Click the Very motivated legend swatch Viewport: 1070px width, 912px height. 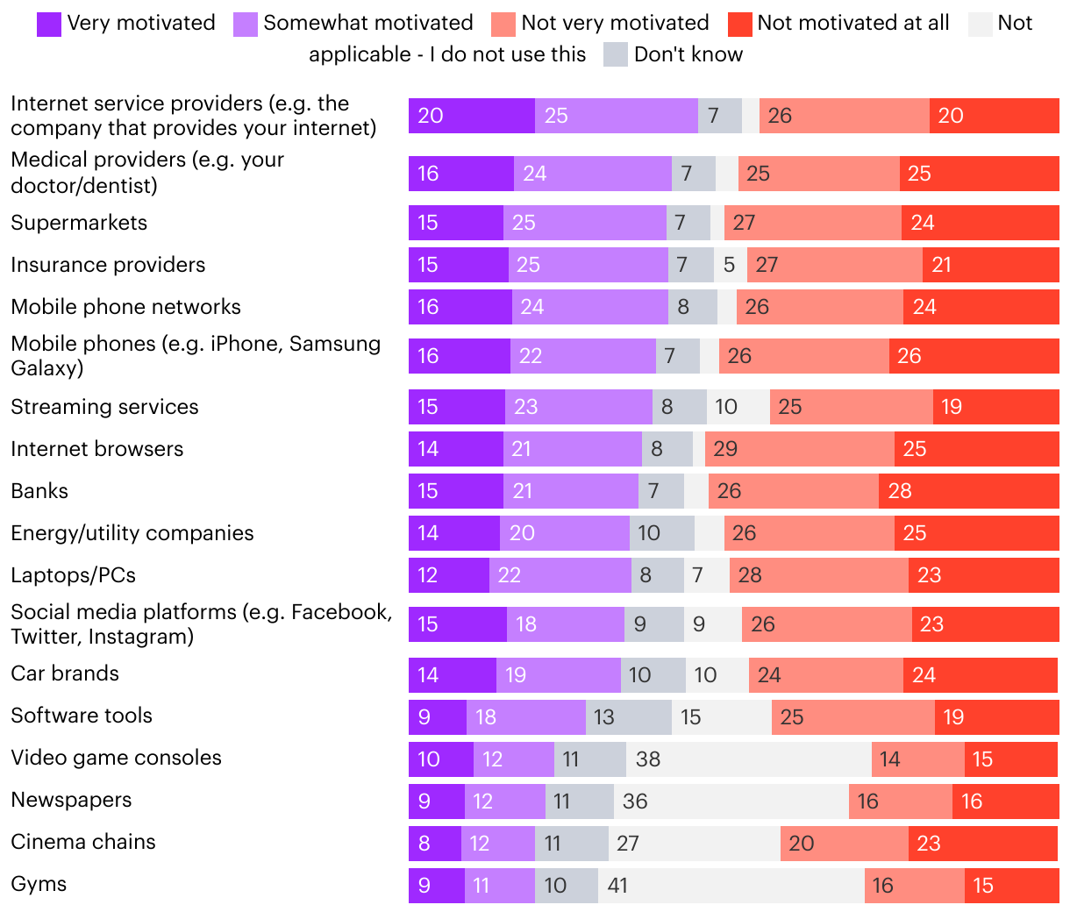click(x=49, y=24)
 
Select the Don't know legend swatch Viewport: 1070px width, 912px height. click(x=616, y=55)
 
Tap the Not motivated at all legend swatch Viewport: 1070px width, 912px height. click(x=740, y=24)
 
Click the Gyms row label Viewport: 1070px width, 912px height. click(x=39, y=884)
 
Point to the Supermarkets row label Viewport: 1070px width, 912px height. click(x=79, y=223)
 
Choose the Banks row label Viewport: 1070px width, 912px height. click(x=39, y=491)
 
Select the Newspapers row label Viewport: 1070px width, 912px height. click(x=71, y=800)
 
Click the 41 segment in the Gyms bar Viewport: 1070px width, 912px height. click(x=731, y=886)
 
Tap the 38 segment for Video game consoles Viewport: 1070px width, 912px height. click(x=748, y=759)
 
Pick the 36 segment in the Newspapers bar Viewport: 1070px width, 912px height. click(x=731, y=802)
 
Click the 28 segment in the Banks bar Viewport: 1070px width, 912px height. click(x=968, y=491)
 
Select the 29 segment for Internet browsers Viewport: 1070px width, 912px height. click(x=799, y=449)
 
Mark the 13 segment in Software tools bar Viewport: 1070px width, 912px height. click(x=628, y=717)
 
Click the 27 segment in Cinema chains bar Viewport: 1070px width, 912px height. click(x=694, y=844)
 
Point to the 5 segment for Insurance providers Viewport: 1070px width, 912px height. click(x=730, y=265)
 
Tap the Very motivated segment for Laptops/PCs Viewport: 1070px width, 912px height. click(x=448, y=575)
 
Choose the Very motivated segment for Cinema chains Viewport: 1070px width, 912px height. click(x=434, y=844)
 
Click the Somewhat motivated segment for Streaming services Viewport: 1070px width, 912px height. click(x=578, y=407)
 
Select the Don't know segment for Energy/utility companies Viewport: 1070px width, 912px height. click(x=661, y=533)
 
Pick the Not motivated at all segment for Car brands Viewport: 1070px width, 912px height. click(x=980, y=675)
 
